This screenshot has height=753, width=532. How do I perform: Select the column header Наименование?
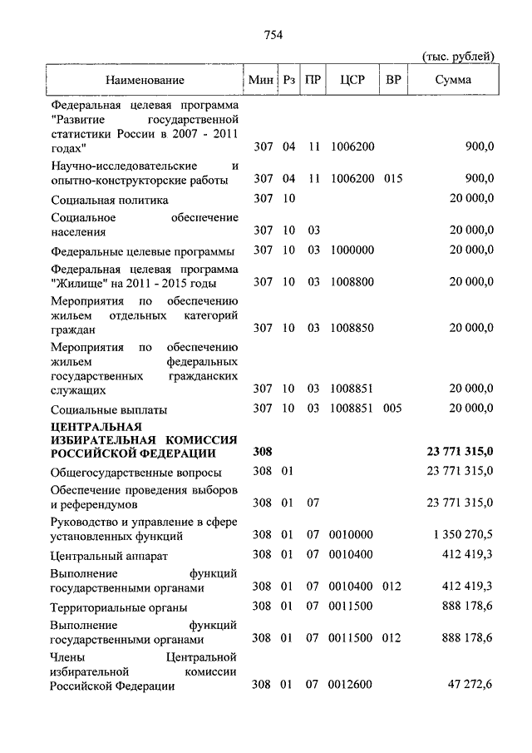pos(145,80)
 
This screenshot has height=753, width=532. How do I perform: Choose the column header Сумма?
pos(453,80)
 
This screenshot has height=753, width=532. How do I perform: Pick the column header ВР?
pos(392,80)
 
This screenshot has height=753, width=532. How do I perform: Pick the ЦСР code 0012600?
pos(352,686)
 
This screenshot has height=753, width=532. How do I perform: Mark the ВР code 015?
pos(393,178)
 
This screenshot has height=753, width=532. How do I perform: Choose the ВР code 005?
pos(393,409)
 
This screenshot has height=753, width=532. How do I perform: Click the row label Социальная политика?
pos(109,200)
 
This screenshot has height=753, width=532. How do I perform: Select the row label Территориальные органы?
pos(118,607)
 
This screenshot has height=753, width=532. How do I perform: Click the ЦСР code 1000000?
pos(352,250)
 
